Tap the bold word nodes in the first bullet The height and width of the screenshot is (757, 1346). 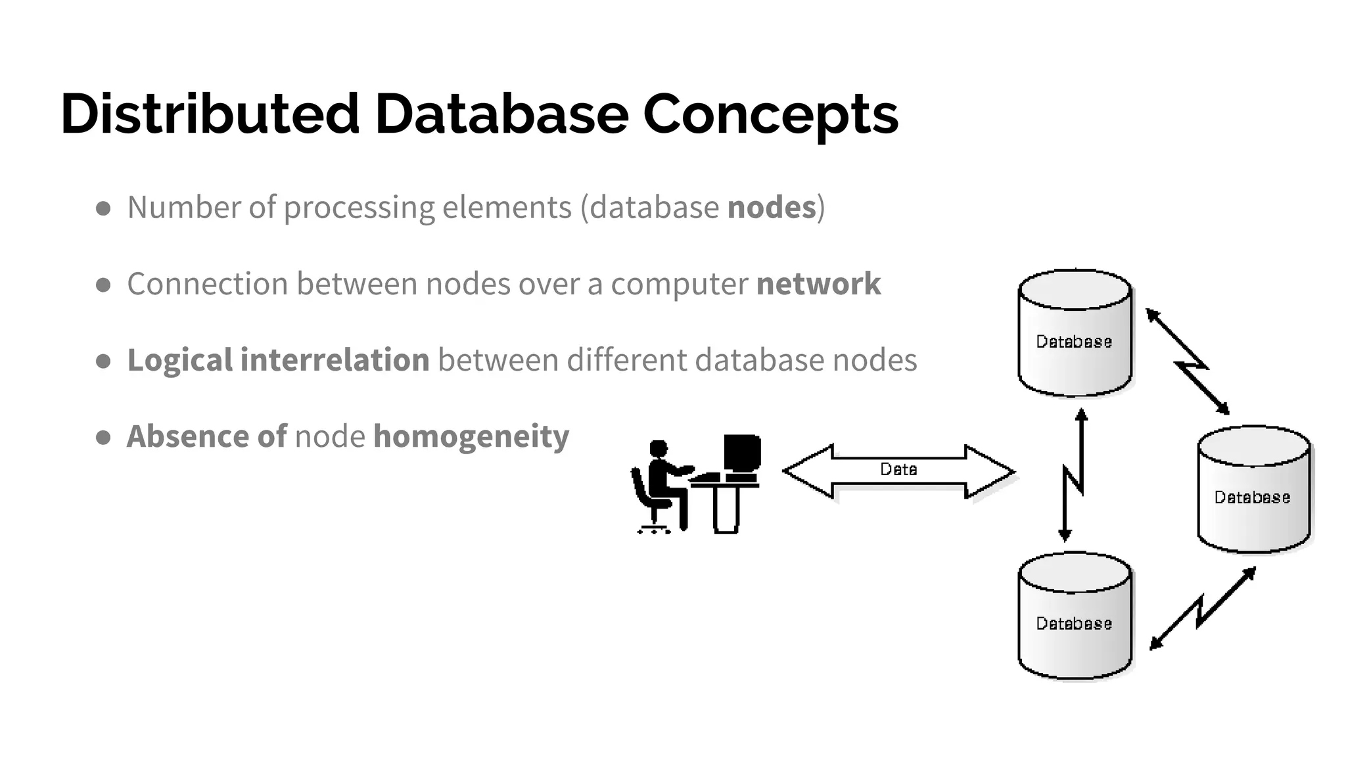click(x=771, y=208)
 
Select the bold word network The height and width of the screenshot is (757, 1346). click(x=818, y=284)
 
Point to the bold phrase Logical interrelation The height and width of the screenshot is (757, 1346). click(x=278, y=360)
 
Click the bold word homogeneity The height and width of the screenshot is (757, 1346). click(x=471, y=436)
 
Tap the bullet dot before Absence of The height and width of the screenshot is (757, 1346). click(x=103, y=438)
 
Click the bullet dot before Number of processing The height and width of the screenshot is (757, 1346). click(x=103, y=209)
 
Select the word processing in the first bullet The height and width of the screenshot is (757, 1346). click(x=359, y=208)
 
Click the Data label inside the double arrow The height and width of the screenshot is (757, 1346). click(x=898, y=469)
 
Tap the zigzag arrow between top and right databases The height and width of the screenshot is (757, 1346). click(x=1188, y=363)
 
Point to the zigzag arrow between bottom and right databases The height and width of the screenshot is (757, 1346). click(x=1201, y=610)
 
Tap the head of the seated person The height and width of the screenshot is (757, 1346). click(x=658, y=449)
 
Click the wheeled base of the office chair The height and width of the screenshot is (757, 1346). click(x=654, y=528)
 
